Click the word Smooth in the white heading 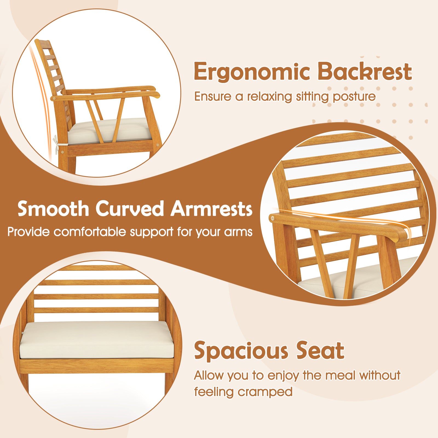[53, 209]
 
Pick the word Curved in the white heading [130, 209]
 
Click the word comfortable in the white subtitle [90, 232]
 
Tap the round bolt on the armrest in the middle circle [272, 218]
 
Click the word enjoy [283, 375]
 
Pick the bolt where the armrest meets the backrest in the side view [54, 98]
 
